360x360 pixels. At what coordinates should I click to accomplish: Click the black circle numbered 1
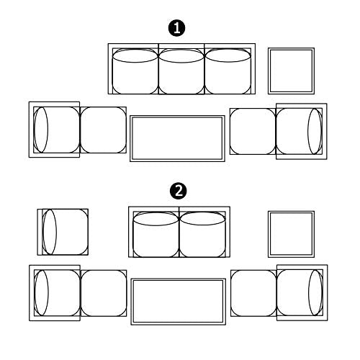[177, 28]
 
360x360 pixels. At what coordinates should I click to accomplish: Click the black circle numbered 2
[179, 192]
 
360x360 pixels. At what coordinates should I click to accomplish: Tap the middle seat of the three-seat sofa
[181, 71]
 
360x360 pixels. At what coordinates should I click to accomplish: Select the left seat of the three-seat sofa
[135, 71]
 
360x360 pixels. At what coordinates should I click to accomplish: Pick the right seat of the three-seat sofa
[228, 71]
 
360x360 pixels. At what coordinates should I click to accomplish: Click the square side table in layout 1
[291, 71]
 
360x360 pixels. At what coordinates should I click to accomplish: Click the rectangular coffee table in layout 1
[177, 138]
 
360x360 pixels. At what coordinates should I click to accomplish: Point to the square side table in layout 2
[291, 234]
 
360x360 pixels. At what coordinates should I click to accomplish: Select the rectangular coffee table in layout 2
[179, 302]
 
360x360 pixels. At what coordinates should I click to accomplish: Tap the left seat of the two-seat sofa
[156, 235]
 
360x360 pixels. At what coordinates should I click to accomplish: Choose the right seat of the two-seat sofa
[202, 235]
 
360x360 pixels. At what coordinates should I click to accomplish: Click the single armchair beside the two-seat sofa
[63, 232]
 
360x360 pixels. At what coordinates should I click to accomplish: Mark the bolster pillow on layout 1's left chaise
[41, 130]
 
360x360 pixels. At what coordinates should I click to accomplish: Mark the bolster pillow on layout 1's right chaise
[315, 131]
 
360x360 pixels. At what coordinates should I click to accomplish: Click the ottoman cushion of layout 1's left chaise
[103, 130]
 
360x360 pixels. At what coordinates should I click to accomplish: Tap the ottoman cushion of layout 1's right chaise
[253, 131]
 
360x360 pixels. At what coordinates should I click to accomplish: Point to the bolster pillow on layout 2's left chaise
[42, 293]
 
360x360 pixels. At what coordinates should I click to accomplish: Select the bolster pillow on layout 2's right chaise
[315, 292]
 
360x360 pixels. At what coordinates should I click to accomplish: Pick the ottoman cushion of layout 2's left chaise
[104, 293]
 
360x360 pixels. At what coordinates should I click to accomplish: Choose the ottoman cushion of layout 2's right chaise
[253, 293]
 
